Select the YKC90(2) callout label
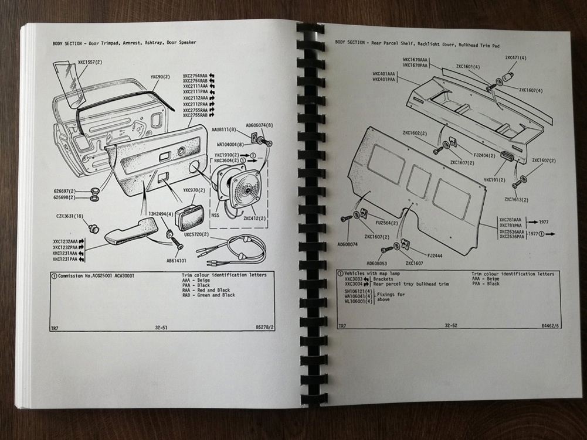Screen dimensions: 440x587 coord(160,77)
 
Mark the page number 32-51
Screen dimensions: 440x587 coord(160,328)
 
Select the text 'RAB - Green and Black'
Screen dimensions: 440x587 coord(208,295)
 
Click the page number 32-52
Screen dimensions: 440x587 coord(450,325)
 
